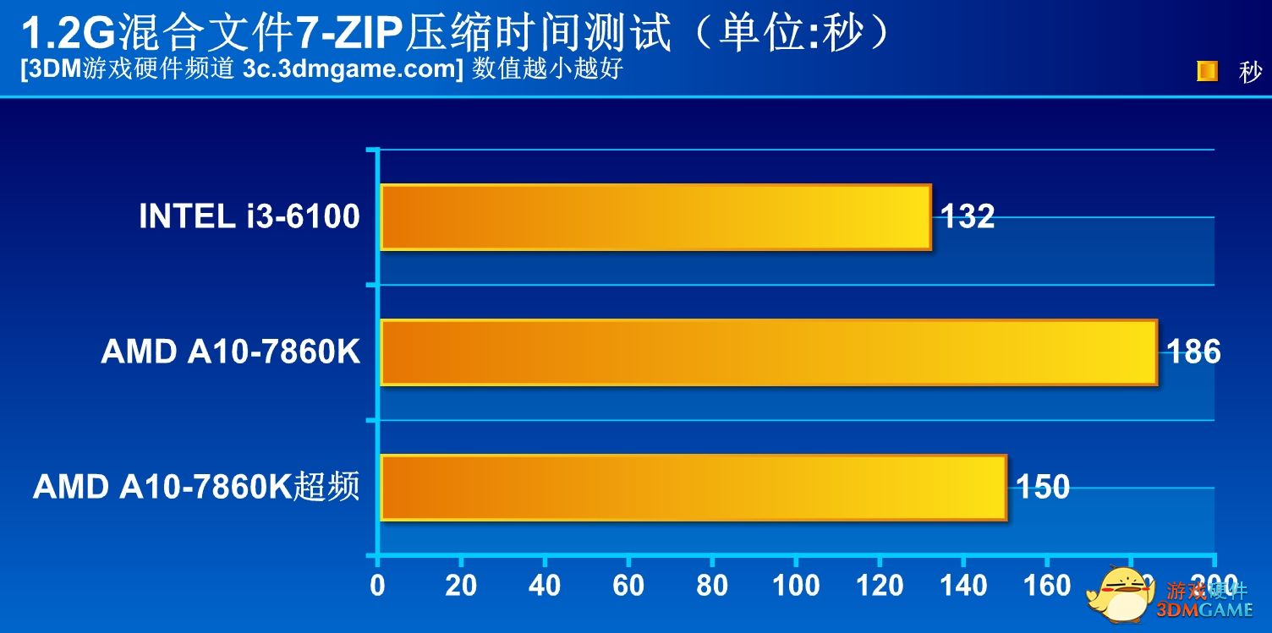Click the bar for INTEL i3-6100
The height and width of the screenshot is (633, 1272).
click(655, 217)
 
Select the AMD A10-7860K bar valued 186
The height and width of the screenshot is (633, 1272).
click(768, 352)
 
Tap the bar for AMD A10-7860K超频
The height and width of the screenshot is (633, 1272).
click(694, 488)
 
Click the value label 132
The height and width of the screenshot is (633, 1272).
click(968, 217)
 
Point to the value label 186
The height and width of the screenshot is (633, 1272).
click(1193, 352)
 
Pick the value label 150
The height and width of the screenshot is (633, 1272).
click(1043, 487)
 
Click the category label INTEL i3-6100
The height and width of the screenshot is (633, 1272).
click(249, 217)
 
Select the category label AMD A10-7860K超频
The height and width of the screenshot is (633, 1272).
click(196, 487)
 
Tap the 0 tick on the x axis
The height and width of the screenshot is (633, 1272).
click(377, 585)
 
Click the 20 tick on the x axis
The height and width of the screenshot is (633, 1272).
click(461, 585)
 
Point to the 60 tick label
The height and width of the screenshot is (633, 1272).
click(628, 585)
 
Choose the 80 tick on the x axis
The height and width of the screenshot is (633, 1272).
click(712, 585)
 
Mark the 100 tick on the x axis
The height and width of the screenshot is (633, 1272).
click(796, 585)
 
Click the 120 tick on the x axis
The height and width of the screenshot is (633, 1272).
click(880, 585)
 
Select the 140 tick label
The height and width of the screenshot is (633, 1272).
click(963, 585)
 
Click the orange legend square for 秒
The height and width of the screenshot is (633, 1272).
click(1207, 72)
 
